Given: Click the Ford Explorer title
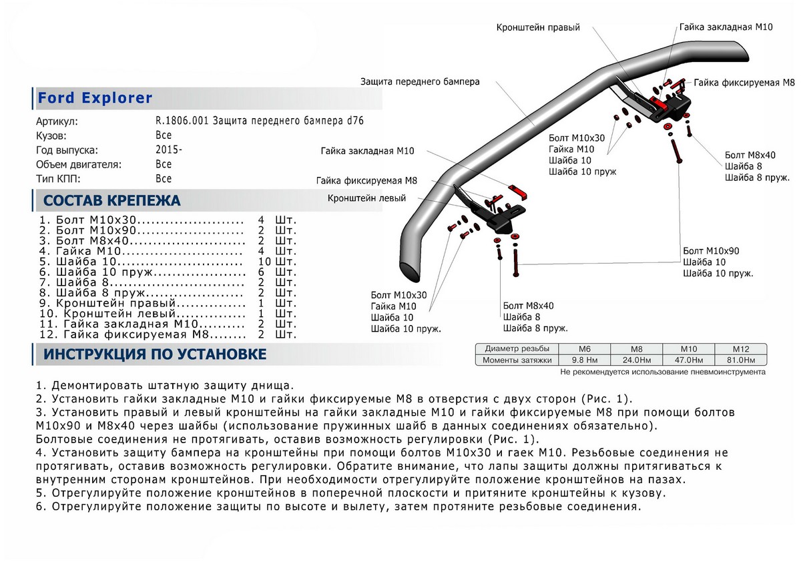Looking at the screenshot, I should pyautogui.click(x=95, y=99).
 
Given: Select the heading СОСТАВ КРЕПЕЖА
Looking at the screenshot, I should pyautogui.click(x=111, y=201).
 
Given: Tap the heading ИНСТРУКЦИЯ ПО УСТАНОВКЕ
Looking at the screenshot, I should pyautogui.click(x=155, y=354).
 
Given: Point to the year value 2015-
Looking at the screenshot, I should pyautogui.click(x=168, y=150).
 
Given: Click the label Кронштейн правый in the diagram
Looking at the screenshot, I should pyautogui.click(x=538, y=28).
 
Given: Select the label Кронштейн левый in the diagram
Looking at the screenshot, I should pyautogui.click(x=366, y=198).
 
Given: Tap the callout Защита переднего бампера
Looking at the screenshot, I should pyautogui.click(x=420, y=81).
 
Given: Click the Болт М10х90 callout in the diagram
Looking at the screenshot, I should pyautogui.click(x=711, y=250).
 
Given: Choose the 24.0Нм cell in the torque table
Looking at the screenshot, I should pyautogui.click(x=635, y=360).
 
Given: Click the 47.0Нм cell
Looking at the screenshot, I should pyautogui.click(x=688, y=360).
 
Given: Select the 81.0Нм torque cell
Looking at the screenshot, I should pyautogui.click(x=740, y=360).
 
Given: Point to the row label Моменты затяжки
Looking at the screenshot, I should pyautogui.click(x=518, y=360).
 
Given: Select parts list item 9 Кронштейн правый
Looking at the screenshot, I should pyautogui.click(x=142, y=303).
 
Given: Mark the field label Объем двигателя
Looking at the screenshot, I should pyautogui.click(x=78, y=164).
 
